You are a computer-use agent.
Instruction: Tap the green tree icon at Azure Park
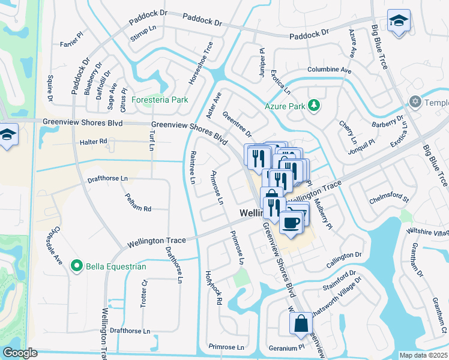313,106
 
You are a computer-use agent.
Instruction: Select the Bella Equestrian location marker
76,265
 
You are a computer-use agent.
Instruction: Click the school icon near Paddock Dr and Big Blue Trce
398,22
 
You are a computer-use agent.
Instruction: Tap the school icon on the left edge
7,134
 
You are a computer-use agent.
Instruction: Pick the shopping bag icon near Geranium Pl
301,323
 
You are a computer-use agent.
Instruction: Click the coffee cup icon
291,223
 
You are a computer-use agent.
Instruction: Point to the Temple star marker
414,101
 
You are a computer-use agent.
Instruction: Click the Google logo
20,353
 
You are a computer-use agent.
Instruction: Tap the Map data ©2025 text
423,355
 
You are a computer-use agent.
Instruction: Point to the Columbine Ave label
330,70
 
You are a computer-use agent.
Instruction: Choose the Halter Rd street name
93,142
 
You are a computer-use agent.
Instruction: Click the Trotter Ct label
144,292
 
